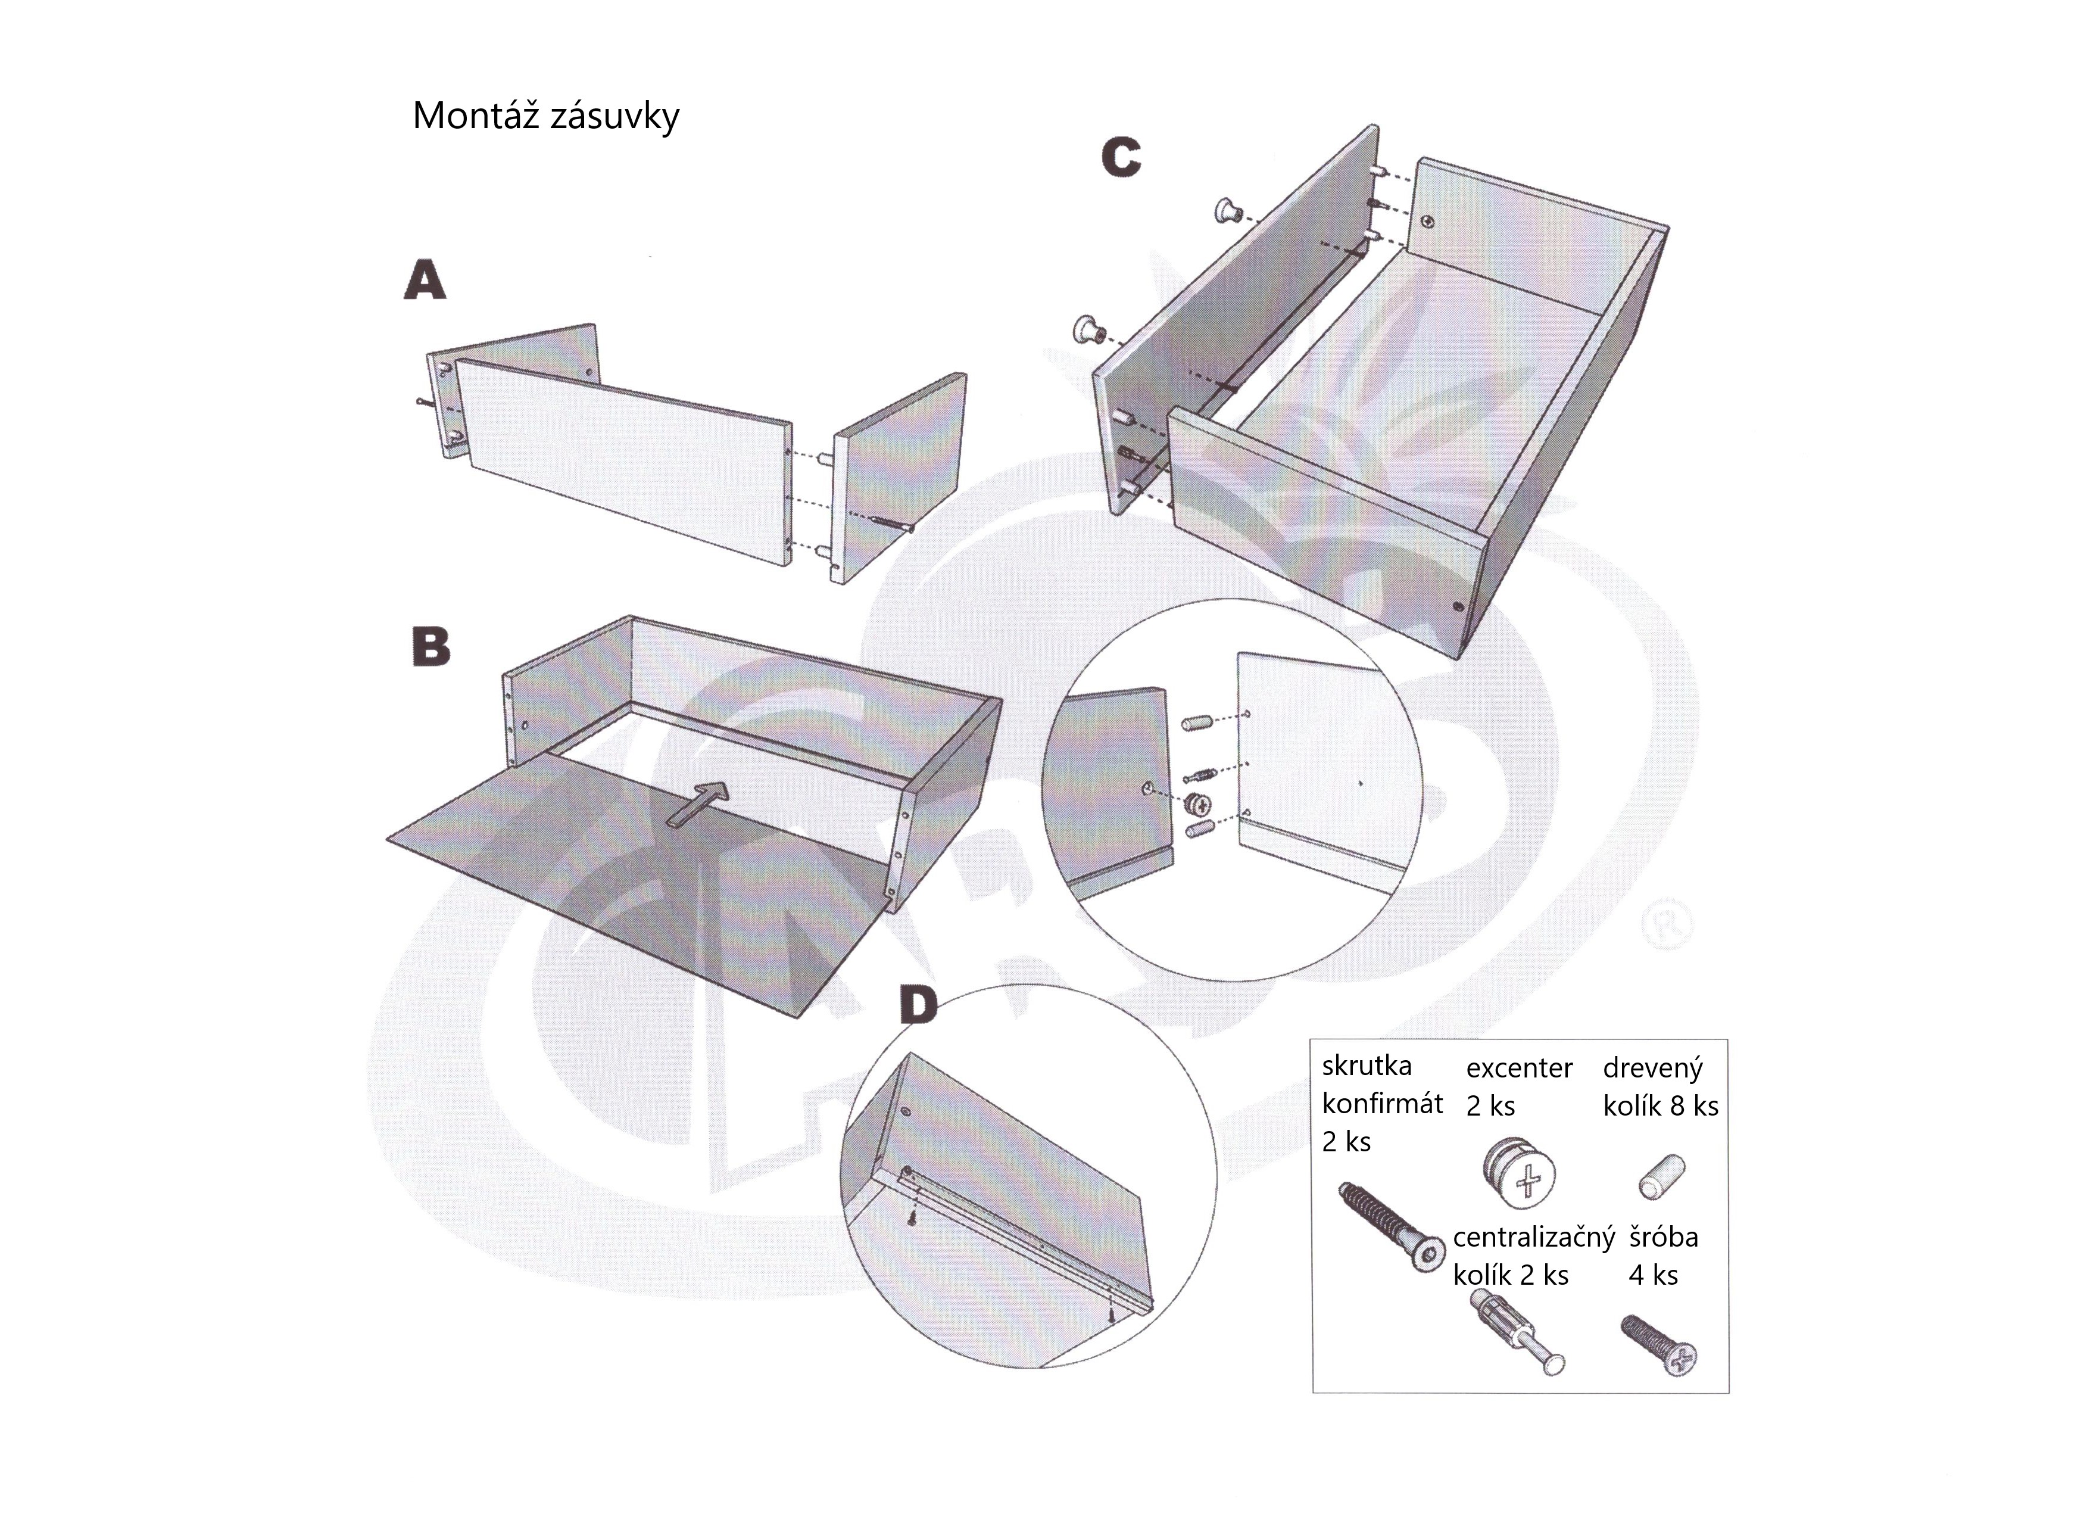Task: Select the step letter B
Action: (431, 646)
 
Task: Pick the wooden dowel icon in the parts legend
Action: (1662, 1177)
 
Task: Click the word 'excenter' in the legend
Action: (1520, 1069)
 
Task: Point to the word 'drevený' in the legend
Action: (1653, 1069)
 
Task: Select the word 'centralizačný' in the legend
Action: (1534, 1237)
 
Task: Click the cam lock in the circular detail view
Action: (1199, 805)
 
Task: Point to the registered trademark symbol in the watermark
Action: (1669, 927)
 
